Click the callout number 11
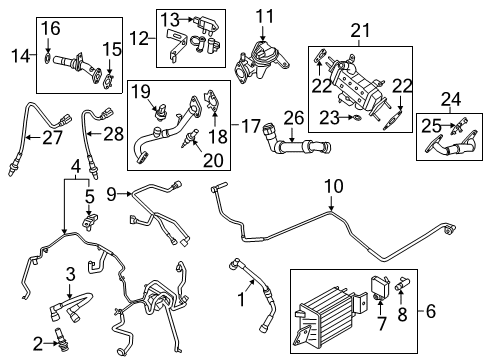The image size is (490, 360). (x=263, y=15)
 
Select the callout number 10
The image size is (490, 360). (x=332, y=186)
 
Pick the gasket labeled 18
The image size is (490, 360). (x=212, y=103)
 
